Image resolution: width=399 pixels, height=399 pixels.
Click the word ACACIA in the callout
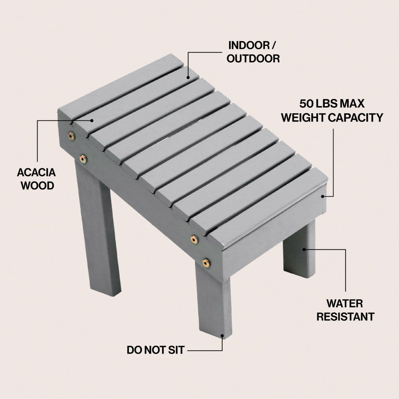[36, 172]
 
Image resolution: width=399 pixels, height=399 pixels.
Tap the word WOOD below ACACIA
[37, 186]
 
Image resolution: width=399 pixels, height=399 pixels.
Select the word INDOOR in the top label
[249, 45]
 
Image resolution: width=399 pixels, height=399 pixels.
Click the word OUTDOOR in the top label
[253, 59]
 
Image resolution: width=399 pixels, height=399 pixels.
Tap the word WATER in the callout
[345, 304]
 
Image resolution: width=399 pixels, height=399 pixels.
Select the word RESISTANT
[345, 317]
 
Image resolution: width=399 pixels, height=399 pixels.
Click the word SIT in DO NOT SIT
[176, 350]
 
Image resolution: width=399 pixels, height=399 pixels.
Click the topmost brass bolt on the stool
[71, 136]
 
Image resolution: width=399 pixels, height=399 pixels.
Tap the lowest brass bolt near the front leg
[206, 263]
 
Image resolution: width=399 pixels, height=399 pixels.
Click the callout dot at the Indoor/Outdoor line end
[188, 78]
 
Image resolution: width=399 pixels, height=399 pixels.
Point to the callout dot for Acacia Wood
[92, 120]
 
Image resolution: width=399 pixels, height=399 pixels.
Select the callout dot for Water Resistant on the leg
[304, 249]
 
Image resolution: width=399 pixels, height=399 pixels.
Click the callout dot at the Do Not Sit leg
[222, 336]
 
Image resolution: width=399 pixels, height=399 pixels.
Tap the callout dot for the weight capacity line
[322, 196]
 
